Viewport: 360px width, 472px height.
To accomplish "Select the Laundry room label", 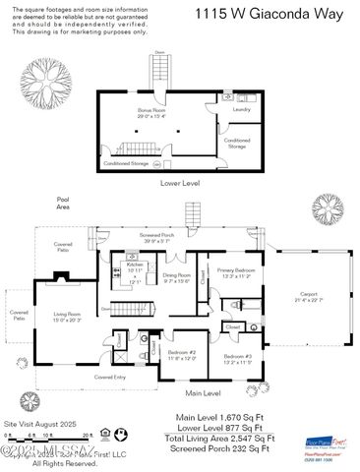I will click(240, 109).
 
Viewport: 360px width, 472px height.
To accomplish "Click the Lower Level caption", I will click(180, 183).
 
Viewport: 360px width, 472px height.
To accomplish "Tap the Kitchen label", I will click(135, 266).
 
